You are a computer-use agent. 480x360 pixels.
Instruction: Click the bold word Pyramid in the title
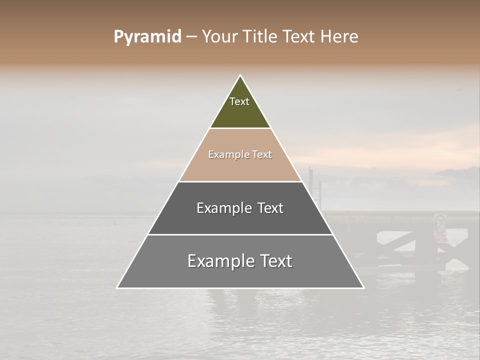coord(147,37)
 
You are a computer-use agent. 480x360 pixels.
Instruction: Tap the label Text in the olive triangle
coord(239,101)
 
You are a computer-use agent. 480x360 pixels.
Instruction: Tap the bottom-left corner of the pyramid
coord(117,287)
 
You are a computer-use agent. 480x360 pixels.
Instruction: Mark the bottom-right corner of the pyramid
coord(363,287)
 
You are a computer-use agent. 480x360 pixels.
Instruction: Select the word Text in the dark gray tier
coord(270,208)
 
